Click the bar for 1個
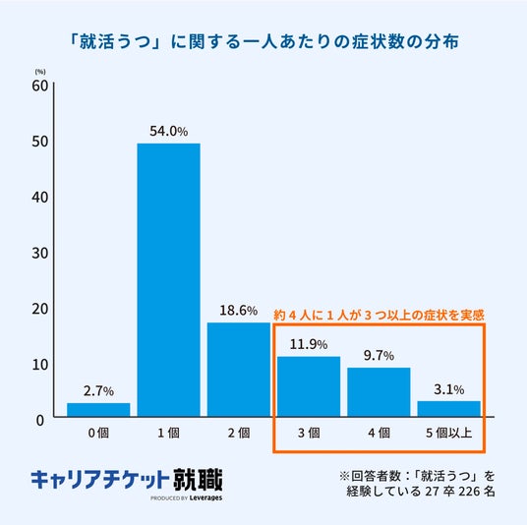click(169, 280)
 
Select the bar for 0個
click(98, 410)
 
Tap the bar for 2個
click(239, 370)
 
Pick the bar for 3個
click(309, 386)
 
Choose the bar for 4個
click(379, 392)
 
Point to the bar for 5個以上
click(449, 409)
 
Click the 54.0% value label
click(169, 131)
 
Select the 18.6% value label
click(239, 311)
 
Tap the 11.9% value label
click(309, 344)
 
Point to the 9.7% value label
click(379, 355)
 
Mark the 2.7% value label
click(98, 391)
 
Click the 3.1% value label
click(449, 389)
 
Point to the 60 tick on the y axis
click(40, 86)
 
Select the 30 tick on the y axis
click(40, 253)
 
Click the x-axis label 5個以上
click(449, 433)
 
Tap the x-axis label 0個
click(98, 433)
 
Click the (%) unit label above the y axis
click(40, 72)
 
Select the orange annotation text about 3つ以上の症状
click(379, 315)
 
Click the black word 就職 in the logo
click(198, 480)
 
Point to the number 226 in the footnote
click(469, 492)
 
